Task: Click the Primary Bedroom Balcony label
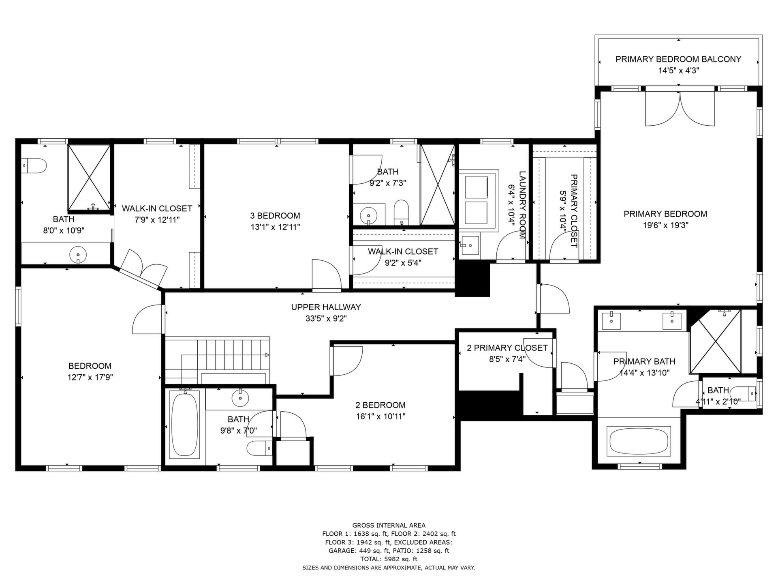(678, 59)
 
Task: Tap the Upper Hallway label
(326, 307)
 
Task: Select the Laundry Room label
(522, 205)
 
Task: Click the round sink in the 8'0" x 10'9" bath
(78, 255)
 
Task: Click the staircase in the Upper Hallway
(217, 359)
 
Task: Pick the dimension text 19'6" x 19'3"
(665, 225)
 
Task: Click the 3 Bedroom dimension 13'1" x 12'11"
(275, 227)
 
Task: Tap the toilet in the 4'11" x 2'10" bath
(746, 393)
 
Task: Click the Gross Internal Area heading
(389, 525)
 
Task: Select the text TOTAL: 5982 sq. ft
(389, 559)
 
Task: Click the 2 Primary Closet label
(507, 348)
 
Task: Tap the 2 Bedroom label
(380, 405)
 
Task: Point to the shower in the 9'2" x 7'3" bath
(437, 185)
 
